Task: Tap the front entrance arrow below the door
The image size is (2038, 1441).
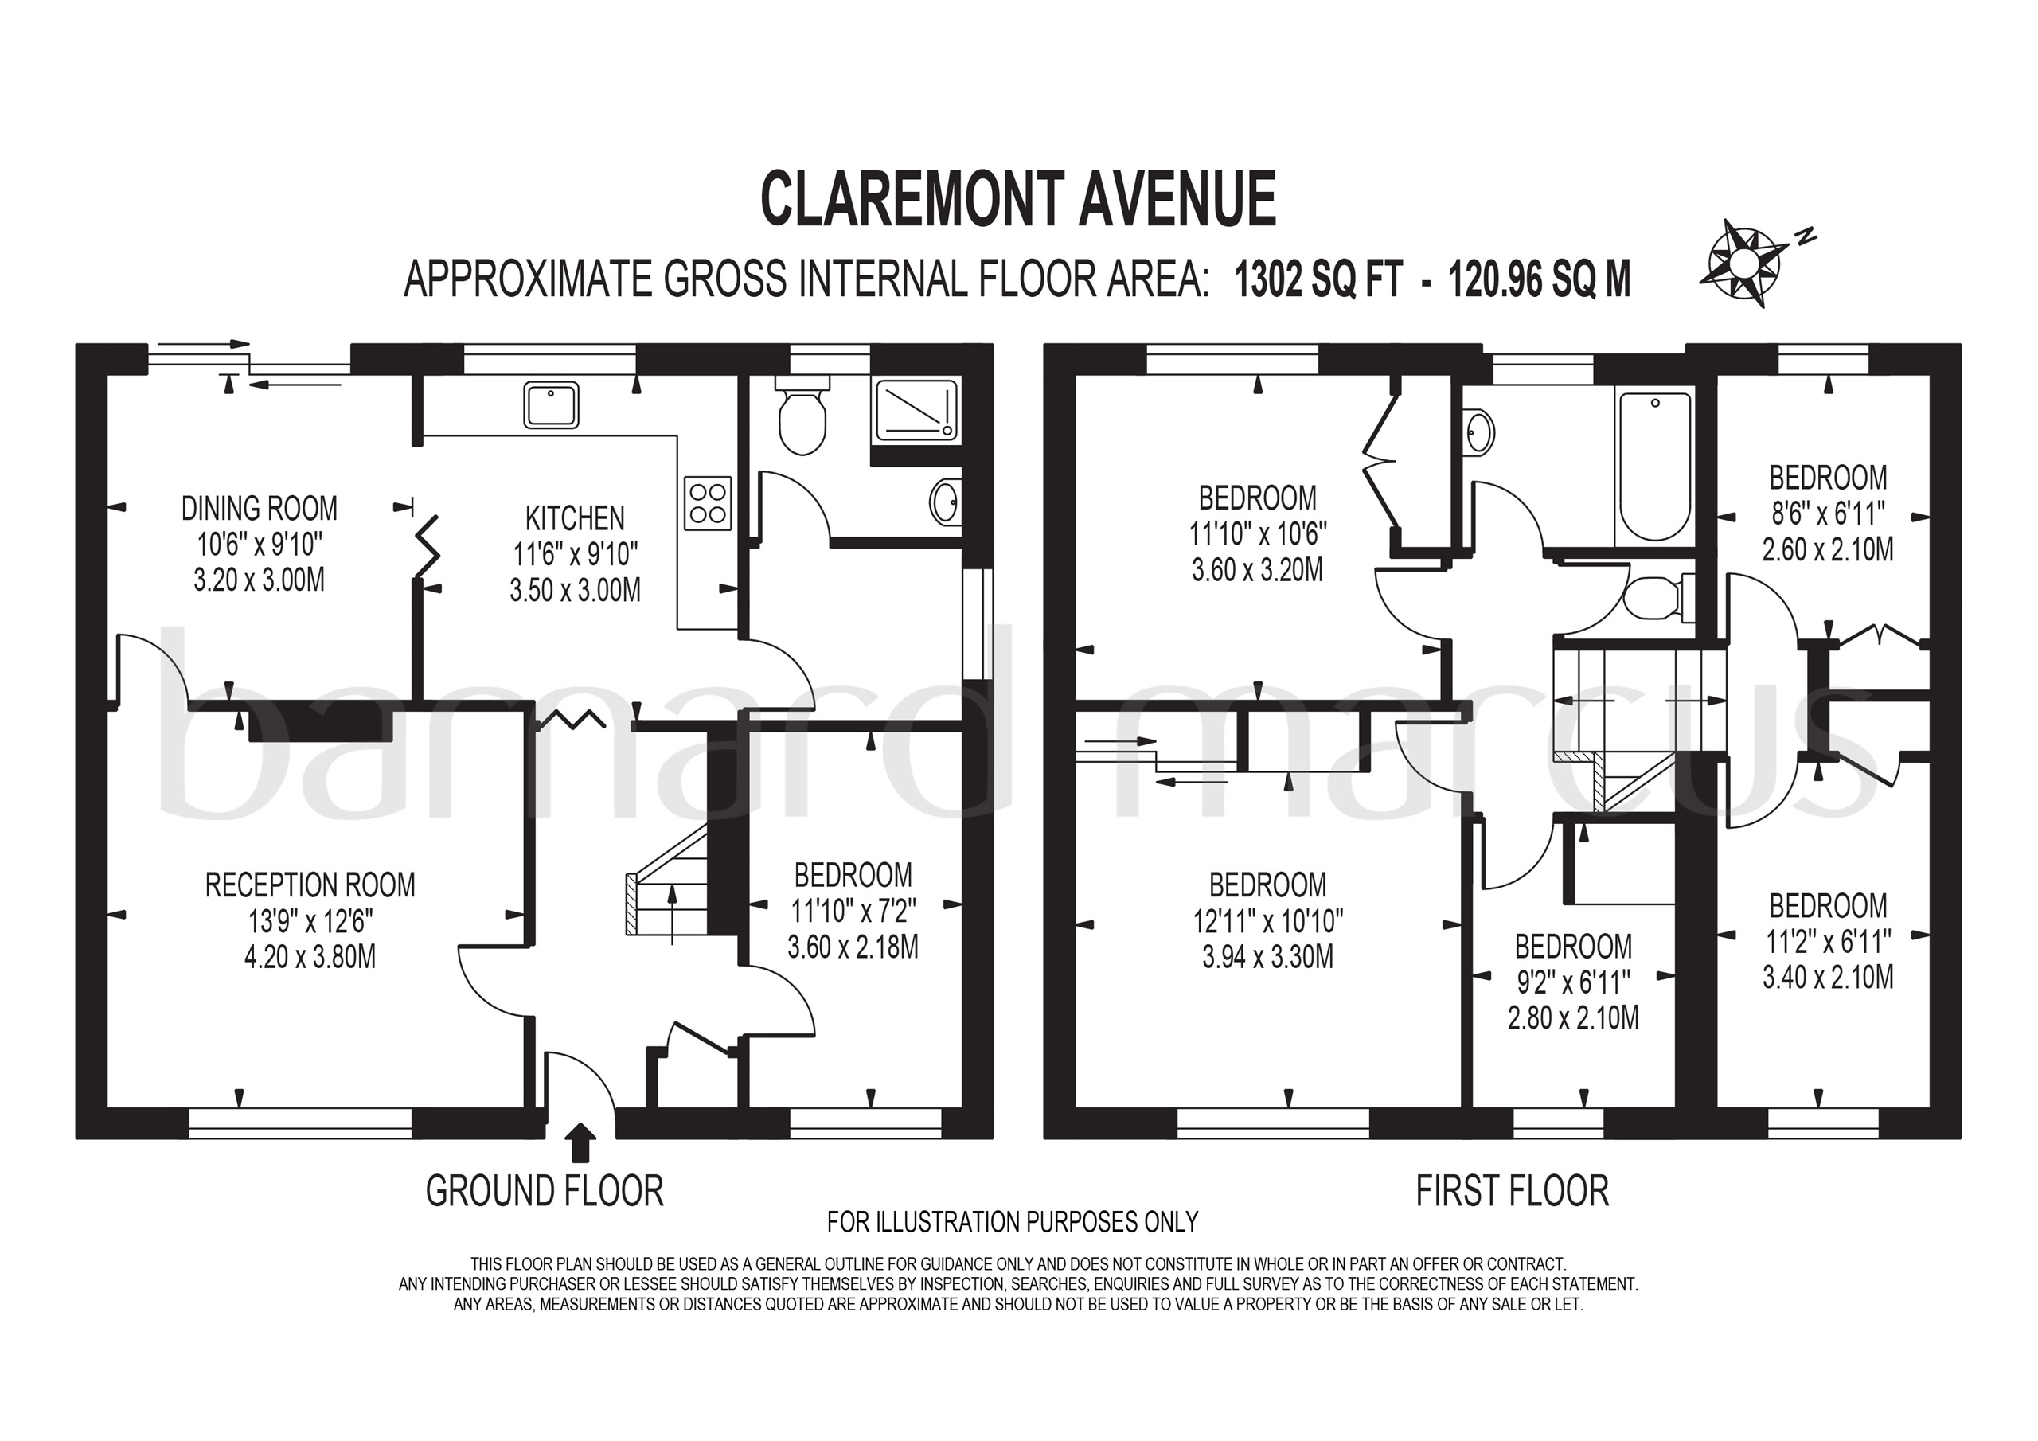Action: click(x=580, y=1142)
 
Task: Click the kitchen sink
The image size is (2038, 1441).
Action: click(x=551, y=405)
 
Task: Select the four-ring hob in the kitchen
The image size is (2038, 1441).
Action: click(x=709, y=503)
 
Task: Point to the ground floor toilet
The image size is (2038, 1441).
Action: click(x=802, y=416)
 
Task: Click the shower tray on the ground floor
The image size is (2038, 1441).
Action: click(x=916, y=409)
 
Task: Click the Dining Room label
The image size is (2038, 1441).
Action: click(x=260, y=509)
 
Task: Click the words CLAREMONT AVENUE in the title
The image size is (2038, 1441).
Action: click(x=1018, y=200)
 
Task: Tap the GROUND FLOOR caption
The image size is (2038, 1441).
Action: click(x=544, y=1192)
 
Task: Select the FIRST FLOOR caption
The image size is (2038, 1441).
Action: click(x=1512, y=1192)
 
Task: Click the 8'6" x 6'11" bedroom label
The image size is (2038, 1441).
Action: click(x=1828, y=514)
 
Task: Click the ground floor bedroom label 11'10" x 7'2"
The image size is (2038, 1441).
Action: click(x=852, y=911)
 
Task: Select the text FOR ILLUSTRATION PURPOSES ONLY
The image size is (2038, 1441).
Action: click(x=1012, y=1223)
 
